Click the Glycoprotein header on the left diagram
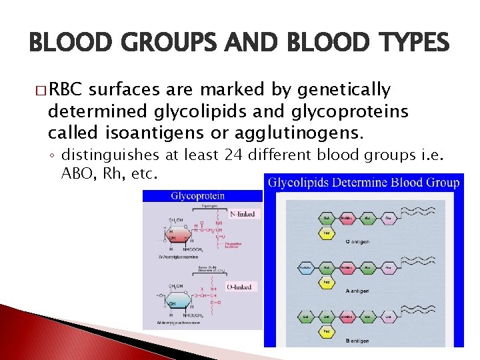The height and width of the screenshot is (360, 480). [197, 196]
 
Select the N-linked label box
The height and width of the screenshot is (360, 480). [241, 215]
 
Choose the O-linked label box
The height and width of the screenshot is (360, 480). [239, 287]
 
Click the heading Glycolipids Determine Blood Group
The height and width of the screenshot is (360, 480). [363, 183]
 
